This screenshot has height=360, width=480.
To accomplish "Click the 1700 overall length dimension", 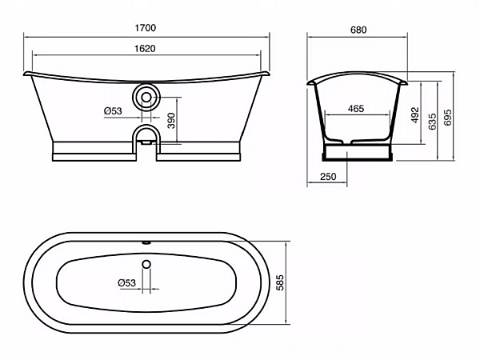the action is click(x=146, y=28).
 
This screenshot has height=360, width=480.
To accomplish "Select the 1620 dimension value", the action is click(x=145, y=48).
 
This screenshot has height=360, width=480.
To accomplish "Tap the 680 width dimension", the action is click(x=358, y=30).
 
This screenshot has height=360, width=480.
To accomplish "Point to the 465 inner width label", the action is click(x=356, y=108).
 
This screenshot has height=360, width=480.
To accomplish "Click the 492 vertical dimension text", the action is click(x=414, y=115).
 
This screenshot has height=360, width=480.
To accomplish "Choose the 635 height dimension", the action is click(x=432, y=122).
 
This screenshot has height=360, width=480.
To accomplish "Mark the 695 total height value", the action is click(x=447, y=118).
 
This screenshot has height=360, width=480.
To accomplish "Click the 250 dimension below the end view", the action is click(x=328, y=176).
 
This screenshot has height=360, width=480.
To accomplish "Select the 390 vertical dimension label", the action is click(x=172, y=121).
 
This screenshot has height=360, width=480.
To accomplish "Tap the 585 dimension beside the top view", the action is click(x=280, y=282).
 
